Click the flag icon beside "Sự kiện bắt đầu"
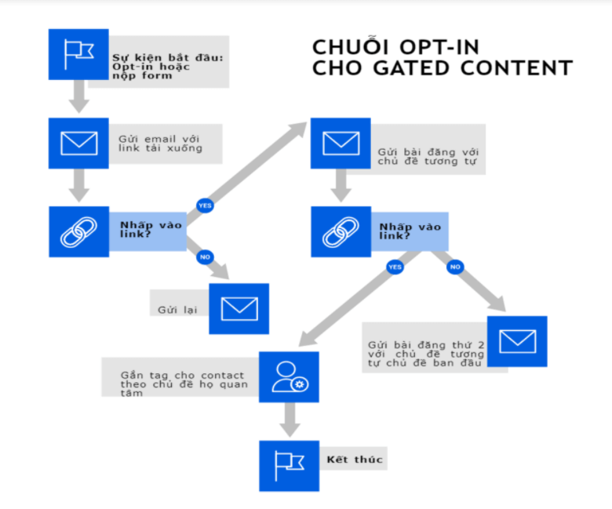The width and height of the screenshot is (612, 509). coord(78,54)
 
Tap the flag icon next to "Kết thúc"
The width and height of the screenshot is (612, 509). coord(290,465)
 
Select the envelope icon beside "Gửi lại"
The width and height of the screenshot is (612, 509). coord(239,309)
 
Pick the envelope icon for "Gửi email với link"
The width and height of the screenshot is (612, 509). coord(78,144)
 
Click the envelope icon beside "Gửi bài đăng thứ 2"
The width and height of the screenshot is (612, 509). coord(516,341)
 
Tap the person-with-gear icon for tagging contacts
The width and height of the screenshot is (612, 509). coord(290,376)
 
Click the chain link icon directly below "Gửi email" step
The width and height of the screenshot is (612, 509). coord(78,232)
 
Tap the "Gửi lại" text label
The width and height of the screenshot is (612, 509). coord(177,309)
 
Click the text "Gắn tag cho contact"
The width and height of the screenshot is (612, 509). coord(183,375)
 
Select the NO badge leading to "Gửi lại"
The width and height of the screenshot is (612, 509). coord(205,257)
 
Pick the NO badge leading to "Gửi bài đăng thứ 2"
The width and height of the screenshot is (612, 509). coord(454,267)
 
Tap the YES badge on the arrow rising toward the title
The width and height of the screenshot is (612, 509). coord(205,205)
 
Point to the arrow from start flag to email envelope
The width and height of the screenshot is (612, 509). coord(78,98)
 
